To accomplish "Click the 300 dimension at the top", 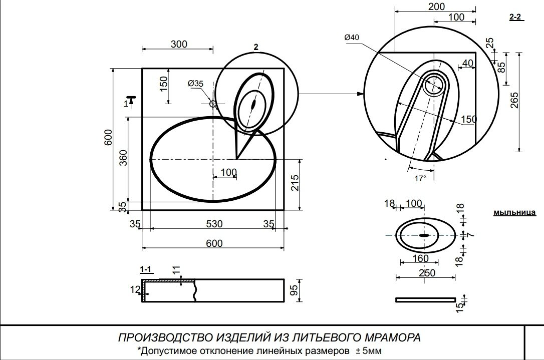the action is (x=179, y=44).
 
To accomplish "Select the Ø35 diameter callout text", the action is (x=196, y=84).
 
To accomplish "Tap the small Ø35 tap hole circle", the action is (x=213, y=103).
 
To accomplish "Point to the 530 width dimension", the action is (x=214, y=224).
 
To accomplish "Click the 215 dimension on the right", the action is (x=295, y=183).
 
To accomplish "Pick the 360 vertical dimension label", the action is (x=124, y=158).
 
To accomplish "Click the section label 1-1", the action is (x=146, y=269).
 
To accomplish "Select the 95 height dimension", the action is (x=294, y=290).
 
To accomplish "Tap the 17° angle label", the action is (x=420, y=179).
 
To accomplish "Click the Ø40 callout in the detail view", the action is (x=352, y=38).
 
